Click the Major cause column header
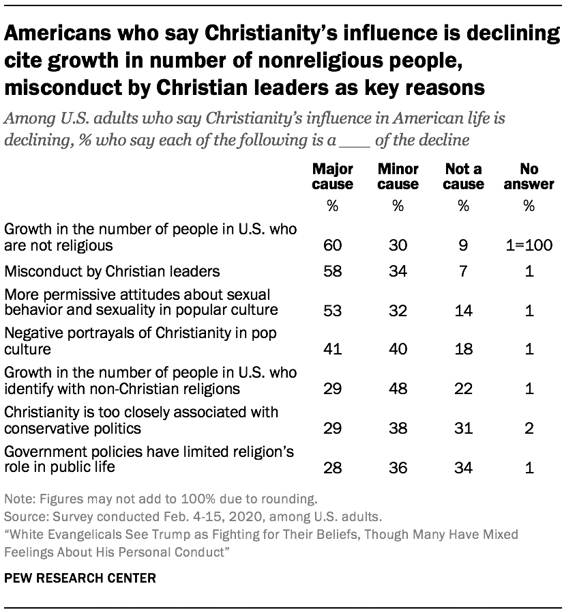coord(333,176)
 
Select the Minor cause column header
coord(398,176)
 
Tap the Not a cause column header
coord(464,176)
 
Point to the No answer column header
coord(529,176)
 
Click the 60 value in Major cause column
coord(333,245)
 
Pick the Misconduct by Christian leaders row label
coord(112,271)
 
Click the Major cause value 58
coord(333,271)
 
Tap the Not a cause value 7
coord(464,271)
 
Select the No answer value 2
coord(529,428)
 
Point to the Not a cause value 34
coord(464,468)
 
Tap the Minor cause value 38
coord(398,428)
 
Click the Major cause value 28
coord(333,468)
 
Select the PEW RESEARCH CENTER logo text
coord(80,578)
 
